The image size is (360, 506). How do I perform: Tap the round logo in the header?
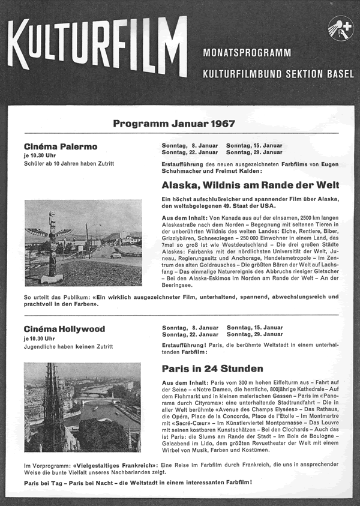[340, 28]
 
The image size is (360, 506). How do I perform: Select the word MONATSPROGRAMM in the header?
[247, 53]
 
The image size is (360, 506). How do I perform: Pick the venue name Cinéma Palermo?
[61, 146]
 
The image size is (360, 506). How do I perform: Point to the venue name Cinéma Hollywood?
[64, 329]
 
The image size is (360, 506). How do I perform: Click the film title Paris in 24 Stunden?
[212, 369]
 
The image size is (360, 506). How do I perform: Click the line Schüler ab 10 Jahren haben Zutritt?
[69, 163]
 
